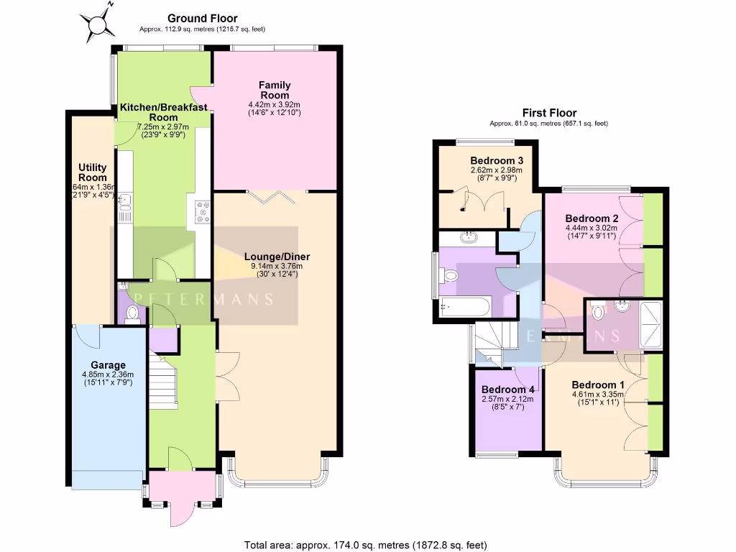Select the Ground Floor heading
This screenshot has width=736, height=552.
[202, 18]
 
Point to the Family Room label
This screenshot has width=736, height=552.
[274, 90]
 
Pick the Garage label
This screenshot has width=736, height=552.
[108, 364]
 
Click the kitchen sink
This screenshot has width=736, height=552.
[125, 205]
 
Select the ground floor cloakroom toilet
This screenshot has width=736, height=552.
[132, 314]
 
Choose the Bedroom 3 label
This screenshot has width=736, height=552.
[495, 160]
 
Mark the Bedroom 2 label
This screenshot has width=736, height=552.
[592, 218]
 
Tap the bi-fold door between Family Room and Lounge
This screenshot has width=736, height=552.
[276, 193]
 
